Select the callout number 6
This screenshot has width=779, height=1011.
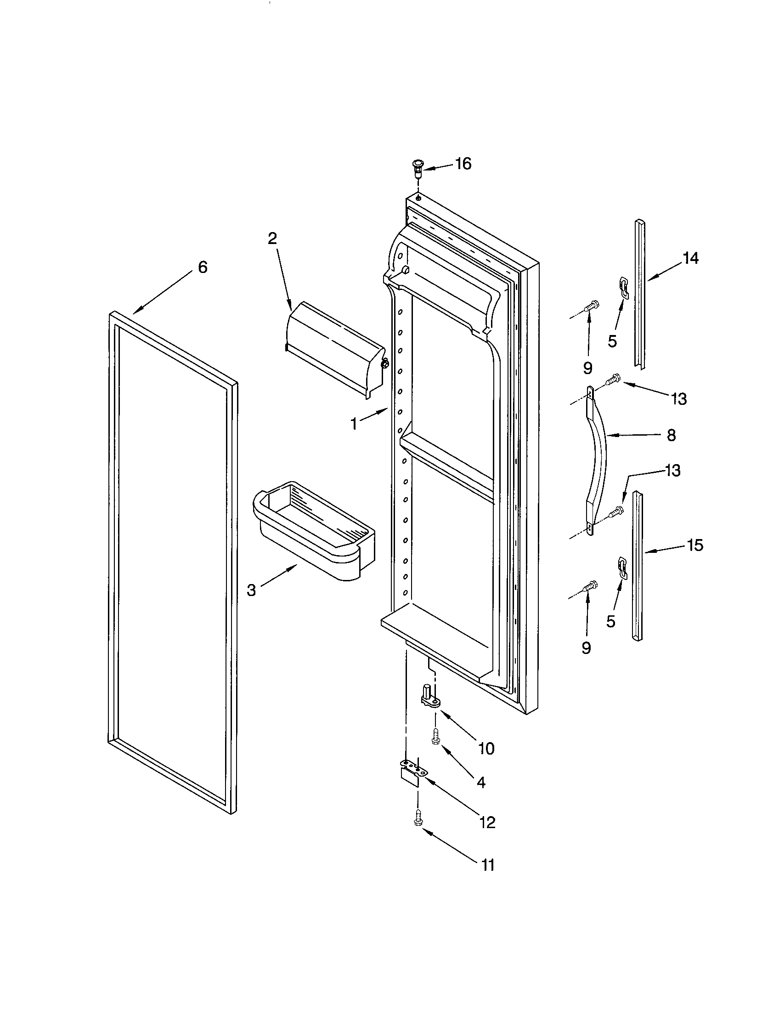point(203,267)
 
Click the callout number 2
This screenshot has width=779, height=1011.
point(272,239)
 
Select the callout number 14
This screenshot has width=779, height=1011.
point(691,258)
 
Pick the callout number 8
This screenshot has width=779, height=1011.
point(671,435)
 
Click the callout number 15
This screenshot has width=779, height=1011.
point(695,545)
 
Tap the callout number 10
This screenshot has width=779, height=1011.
point(486,749)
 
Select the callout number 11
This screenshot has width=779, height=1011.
point(488,865)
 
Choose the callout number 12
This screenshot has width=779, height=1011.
point(488,822)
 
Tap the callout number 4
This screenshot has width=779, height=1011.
point(480,782)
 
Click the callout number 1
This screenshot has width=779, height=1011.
point(354,424)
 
